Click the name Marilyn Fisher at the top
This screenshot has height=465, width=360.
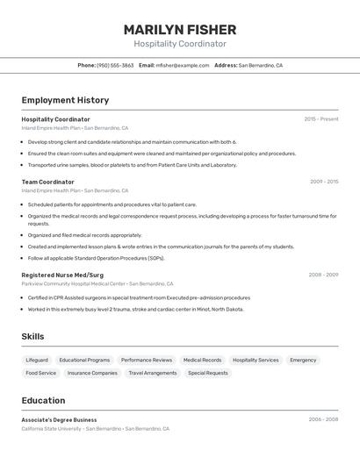coord(179,30)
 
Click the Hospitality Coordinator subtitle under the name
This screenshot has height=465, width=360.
coord(179,44)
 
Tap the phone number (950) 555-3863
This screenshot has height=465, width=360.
coord(115,65)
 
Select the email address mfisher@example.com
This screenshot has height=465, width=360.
coord(183,65)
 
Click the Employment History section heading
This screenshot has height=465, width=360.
coord(65,100)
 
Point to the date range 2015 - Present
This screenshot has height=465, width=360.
coord(321,119)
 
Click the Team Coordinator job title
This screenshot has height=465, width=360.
coord(47,182)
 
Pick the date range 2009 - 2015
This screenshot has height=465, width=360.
coord(324,182)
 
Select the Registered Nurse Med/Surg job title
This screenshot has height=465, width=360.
coord(62,275)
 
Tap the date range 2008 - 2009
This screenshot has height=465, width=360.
coord(323,275)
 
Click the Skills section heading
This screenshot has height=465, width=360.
coord(32,337)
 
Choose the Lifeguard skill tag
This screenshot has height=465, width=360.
coord(37,360)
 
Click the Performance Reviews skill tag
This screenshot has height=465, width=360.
coord(147,360)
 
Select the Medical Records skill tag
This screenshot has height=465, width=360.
coord(202,360)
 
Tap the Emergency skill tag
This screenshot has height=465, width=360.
coord(303,360)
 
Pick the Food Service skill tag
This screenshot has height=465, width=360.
coord(40,373)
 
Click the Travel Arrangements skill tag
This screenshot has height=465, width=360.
coord(153,373)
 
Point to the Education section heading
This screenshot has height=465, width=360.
coord(43,400)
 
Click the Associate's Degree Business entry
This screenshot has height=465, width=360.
coord(59,419)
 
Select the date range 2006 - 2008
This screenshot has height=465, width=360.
coord(323,419)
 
